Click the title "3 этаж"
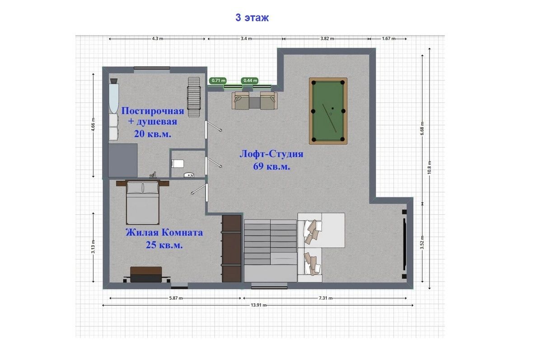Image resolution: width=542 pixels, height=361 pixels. pyautogui.click(x=252, y=18)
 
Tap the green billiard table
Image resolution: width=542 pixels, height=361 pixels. pyautogui.click(x=328, y=111)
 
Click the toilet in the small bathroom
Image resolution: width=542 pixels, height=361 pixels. pyautogui.click(x=178, y=163)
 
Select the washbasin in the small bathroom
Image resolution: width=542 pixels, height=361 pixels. pyautogui.click(x=189, y=175)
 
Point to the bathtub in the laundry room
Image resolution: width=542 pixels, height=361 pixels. pyautogui.click(x=113, y=96)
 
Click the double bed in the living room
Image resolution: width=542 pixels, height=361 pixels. pyautogui.click(x=143, y=203)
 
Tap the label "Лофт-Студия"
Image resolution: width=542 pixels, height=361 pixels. pyautogui.click(x=271, y=154)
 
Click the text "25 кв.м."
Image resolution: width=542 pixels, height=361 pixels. pyautogui.click(x=164, y=245)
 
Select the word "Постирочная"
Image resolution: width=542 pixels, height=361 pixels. pyautogui.click(x=153, y=111)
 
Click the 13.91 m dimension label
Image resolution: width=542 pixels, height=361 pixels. pyautogui.click(x=258, y=305)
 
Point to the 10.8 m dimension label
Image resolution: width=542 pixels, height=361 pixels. pyautogui.click(x=430, y=167)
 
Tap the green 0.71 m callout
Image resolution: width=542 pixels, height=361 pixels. pyautogui.click(x=218, y=80)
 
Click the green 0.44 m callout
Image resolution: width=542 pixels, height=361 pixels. pyautogui.click(x=250, y=80)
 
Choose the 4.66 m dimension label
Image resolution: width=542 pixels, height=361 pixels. pyautogui.click(x=93, y=125)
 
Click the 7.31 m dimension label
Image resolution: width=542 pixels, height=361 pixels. pyautogui.click(x=326, y=298)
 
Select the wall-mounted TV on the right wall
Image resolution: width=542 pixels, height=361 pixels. pyautogui.click(x=404, y=244)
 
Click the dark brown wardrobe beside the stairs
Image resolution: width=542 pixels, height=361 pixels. pyautogui.click(x=232, y=249)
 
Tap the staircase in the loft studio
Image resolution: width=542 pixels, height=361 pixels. pyautogui.click(x=270, y=250)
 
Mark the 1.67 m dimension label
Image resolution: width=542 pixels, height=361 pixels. pyautogui.click(x=388, y=39)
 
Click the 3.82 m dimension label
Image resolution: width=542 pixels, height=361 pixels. pyautogui.click(x=327, y=39)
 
